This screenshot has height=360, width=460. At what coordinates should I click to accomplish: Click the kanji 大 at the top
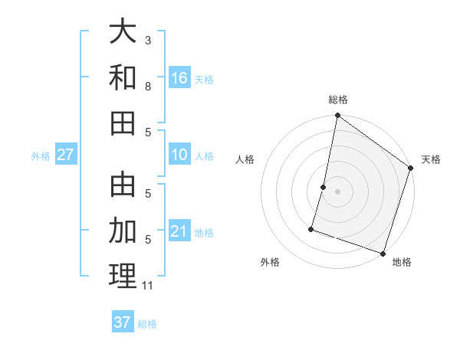tap(123, 32)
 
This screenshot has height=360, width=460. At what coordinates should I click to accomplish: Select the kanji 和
tap(123, 77)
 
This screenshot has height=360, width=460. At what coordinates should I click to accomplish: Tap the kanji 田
tap(123, 123)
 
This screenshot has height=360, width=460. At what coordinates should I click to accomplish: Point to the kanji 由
tap(123, 185)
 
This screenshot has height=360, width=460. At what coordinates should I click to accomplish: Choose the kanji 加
tap(123, 230)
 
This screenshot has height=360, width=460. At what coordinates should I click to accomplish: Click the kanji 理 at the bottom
tap(123, 275)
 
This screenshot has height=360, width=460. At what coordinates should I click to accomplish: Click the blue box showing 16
tap(179, 77)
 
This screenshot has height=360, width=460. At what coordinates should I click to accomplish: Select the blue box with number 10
tap(179, 155)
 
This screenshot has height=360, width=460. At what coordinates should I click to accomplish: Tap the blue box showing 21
tap(179, 231)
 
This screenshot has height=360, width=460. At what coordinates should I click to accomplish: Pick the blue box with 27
tap(66, 155)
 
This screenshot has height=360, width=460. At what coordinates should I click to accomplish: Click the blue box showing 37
tap(122, 322)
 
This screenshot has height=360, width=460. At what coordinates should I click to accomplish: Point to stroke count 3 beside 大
tap(148, 39)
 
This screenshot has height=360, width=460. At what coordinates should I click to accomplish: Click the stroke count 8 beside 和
tap(148, 86)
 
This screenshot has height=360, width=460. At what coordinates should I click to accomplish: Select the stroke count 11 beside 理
tap(148, 286)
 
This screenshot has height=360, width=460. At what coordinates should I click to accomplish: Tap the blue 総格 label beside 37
tap(147, 324)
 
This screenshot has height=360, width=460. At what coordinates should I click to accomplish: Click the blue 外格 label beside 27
tap(41, 156)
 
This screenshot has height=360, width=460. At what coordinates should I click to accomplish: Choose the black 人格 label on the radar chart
tap(245, 159)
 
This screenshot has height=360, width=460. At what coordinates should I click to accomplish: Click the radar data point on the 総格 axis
tap(337, 116)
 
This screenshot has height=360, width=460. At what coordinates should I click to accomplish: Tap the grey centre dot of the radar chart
tap(337, 191)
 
